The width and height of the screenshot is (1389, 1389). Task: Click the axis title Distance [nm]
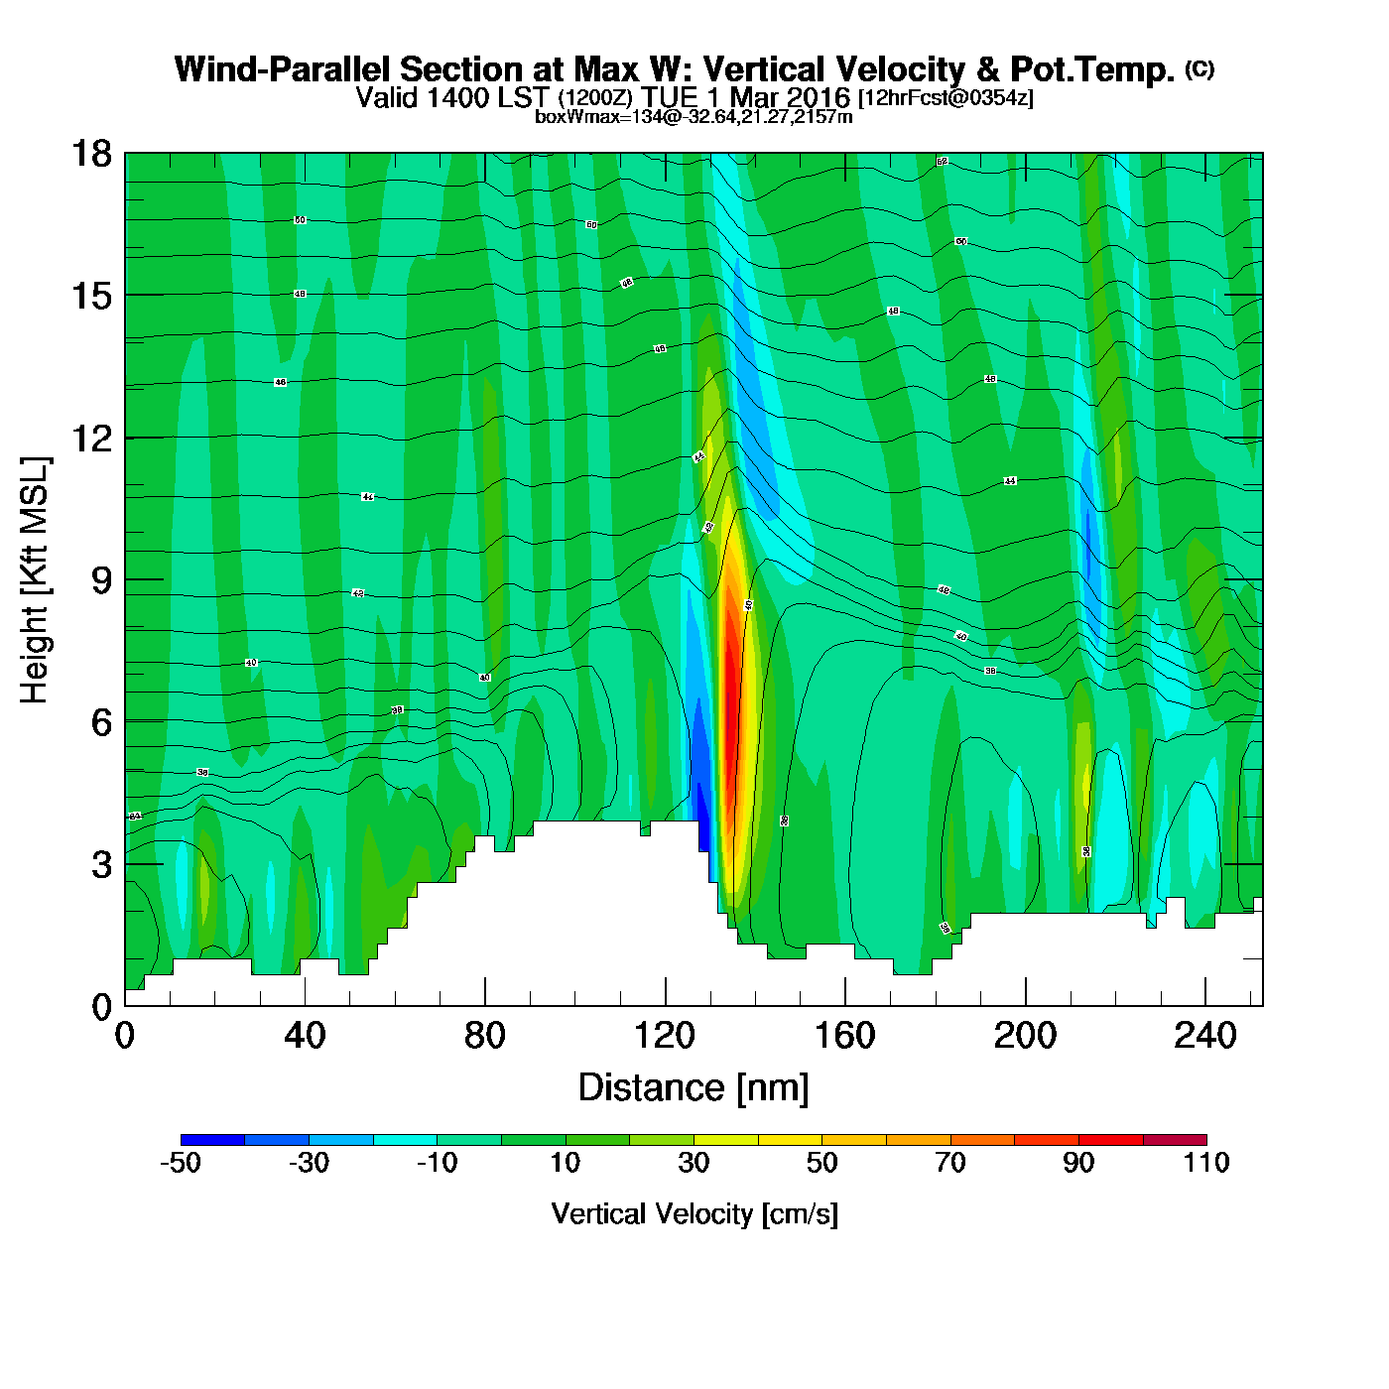pos(694,1088)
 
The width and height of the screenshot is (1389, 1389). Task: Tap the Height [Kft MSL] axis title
pos(35,580)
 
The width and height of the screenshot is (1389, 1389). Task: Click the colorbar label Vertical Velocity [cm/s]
pos(694,1213)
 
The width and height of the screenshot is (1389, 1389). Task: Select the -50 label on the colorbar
pos(181,1163)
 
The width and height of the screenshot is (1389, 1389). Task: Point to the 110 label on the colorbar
pos(1206,1163)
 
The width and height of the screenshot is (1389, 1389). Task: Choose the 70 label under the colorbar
pos(950,1163)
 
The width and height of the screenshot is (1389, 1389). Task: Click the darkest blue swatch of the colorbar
pos(212,1139)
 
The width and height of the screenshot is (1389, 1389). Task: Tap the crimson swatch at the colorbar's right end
pos(1175,1139)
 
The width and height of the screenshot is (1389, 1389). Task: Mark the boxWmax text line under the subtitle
pos(694,116)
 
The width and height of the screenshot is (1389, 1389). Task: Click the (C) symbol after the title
pos(1200,68)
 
